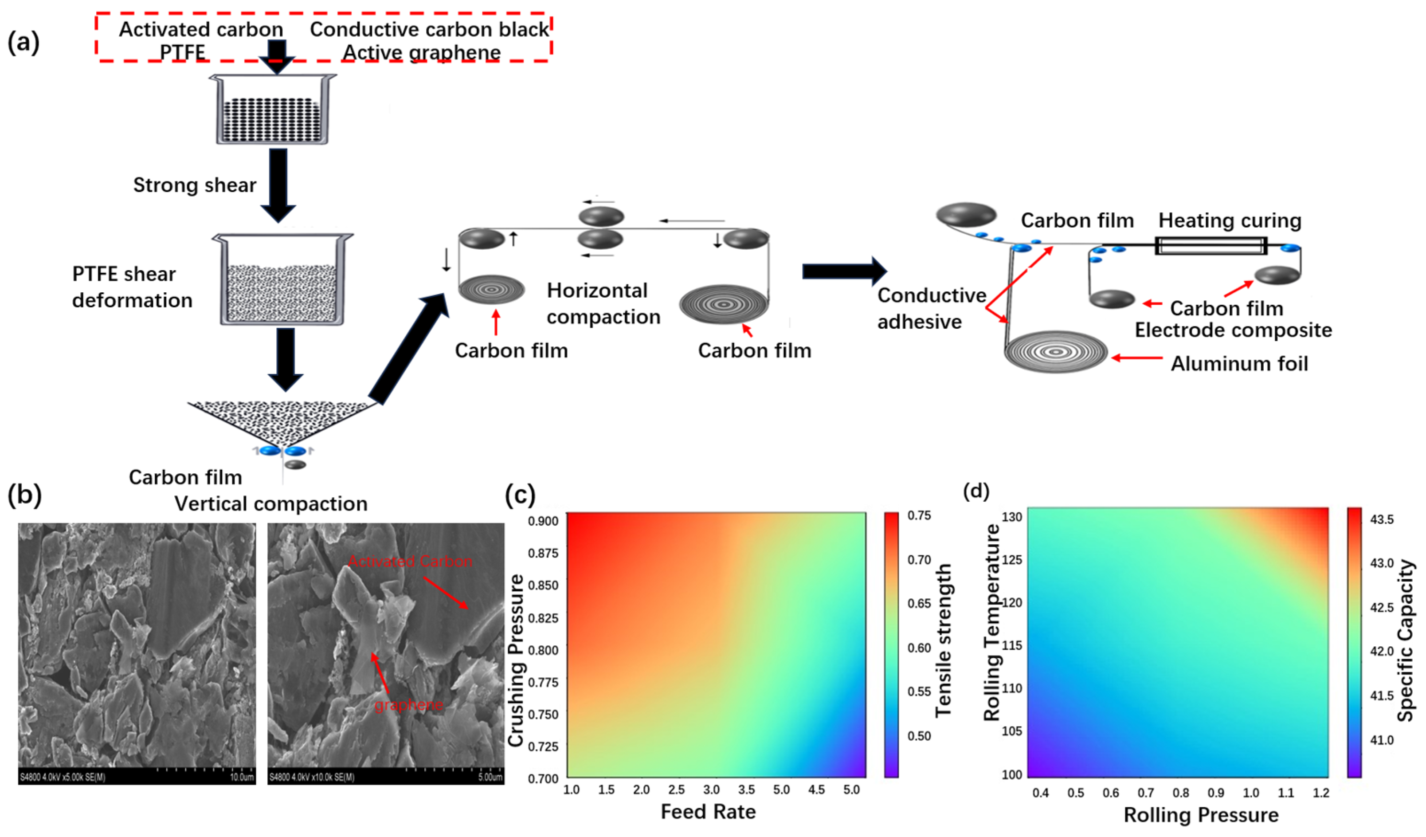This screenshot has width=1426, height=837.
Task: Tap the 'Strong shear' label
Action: point(195,185)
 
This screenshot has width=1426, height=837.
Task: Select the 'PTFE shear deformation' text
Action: point(132,287)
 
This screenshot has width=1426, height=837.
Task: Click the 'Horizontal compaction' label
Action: point(603,303)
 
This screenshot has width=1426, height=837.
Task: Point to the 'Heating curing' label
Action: point(1230,220)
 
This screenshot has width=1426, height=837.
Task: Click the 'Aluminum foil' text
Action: point(1239,363)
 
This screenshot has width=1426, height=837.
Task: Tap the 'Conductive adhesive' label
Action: point(932,308)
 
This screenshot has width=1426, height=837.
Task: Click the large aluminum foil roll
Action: point(1055,352)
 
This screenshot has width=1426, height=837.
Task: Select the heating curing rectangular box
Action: point(1211,246)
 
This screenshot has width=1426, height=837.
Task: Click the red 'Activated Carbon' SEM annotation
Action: point(410,562)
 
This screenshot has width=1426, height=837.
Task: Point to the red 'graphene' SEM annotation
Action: point(408,704)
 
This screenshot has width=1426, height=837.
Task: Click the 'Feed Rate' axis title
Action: point(708,812)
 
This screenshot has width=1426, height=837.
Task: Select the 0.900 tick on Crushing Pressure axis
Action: point(543,521)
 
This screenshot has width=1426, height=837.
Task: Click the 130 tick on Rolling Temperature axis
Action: point(1012,517)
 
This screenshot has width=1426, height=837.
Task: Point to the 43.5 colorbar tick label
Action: point(1382,519)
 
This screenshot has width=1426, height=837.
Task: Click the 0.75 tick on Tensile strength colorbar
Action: point(919,515)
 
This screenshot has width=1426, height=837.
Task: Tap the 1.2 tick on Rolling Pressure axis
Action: point(1321,793)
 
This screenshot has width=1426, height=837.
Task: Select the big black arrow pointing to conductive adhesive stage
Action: point(844,271)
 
